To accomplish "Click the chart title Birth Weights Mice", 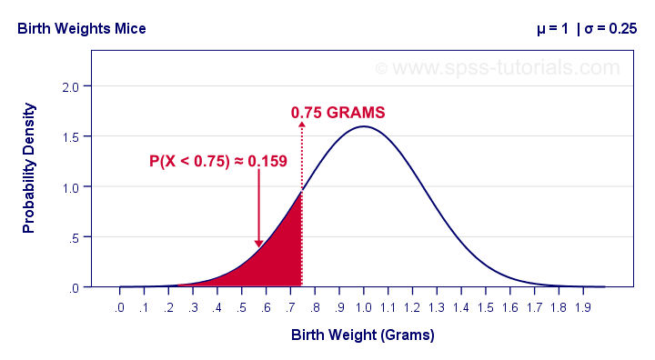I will click(81, 28).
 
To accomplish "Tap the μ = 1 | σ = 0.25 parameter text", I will click(586, 28).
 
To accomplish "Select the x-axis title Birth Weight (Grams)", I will click(363, 335).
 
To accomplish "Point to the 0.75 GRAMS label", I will click(338, 113).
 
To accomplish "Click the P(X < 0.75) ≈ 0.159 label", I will click(218, 162).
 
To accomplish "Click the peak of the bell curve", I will click(363, 126).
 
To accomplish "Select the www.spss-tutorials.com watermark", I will click(497, 67).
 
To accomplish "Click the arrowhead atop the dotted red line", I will click(302, 125).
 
